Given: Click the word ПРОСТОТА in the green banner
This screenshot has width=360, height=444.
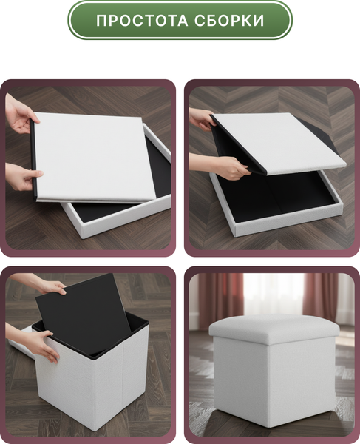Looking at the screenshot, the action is [142, 21].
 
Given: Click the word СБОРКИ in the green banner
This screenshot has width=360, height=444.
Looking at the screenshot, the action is [229, 21].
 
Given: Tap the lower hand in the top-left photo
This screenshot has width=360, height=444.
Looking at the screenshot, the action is [23, 177].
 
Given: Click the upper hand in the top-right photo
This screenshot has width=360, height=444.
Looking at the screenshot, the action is [203, 119].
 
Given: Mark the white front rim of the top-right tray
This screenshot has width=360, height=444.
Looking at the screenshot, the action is [288, 222].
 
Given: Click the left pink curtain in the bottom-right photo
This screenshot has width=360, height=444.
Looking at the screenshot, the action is [220, 300].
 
